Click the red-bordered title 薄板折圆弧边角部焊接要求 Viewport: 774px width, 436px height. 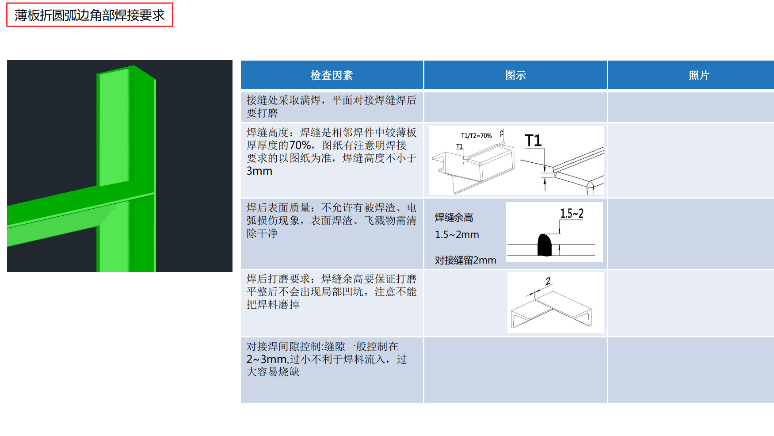point(89,15)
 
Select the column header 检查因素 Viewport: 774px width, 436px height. point(332,75)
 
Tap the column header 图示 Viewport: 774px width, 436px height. point(515,75)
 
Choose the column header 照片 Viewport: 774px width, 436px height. point(698,75)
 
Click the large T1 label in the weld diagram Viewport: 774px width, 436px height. point(533,141)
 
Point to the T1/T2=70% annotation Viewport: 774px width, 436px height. point(476,136)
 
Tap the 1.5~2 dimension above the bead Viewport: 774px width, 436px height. point(572,214)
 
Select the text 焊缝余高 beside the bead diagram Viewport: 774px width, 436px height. point(454,218)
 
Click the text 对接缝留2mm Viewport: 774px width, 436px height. point(465,260)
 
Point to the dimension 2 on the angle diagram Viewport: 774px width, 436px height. point(548,281)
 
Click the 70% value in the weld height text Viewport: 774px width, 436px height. point(300,145)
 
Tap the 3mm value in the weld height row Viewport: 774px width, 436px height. point(259,171)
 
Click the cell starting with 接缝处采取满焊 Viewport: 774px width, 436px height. point(332,106)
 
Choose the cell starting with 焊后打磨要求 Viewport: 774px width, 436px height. point(332,291)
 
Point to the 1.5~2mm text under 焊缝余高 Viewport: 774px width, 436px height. point(457,235)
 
